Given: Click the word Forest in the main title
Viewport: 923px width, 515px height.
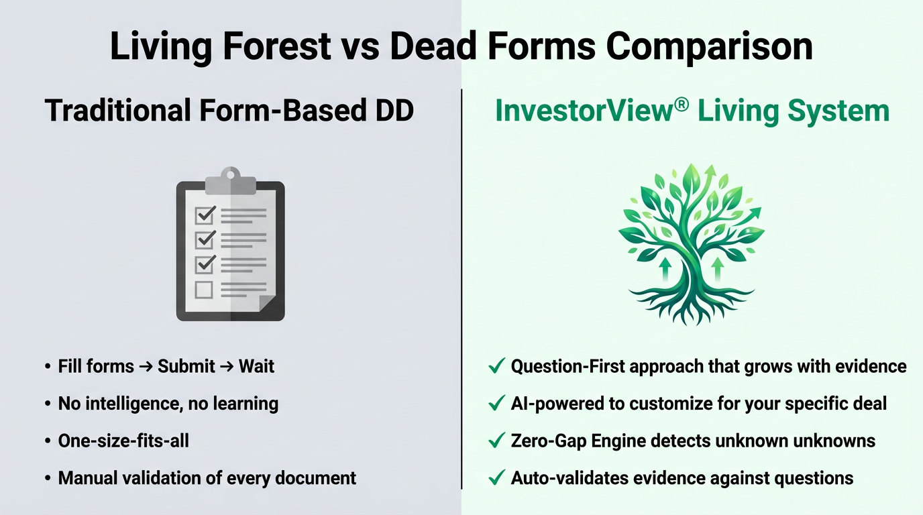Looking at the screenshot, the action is coord(276,46).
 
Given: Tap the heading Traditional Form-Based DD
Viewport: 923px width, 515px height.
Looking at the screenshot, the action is coord(229,111).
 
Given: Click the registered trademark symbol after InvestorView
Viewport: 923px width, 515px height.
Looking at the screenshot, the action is coord(682,105).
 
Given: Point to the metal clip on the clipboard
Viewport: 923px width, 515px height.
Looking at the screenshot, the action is coord(230,180).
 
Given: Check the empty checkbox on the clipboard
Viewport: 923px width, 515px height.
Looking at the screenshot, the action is coord(203,290).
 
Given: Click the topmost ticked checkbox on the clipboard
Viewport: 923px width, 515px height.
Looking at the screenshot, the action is coord(205,215).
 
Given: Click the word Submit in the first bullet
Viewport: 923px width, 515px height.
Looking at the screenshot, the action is coord(186,366).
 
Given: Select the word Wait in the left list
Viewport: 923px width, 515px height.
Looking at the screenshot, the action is coord(256,366).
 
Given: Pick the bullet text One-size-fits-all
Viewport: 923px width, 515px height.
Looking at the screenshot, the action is coord(123,441).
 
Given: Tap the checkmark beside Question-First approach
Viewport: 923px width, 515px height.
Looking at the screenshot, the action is coord(496,365).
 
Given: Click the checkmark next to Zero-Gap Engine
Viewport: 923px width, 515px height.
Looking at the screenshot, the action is coord(496,440).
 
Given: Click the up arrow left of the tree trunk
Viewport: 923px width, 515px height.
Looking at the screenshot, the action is coord(665,270).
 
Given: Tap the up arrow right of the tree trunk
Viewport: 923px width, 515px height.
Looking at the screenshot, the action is coord(718,270).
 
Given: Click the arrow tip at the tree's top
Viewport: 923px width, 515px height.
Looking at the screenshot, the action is coord(710,167).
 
